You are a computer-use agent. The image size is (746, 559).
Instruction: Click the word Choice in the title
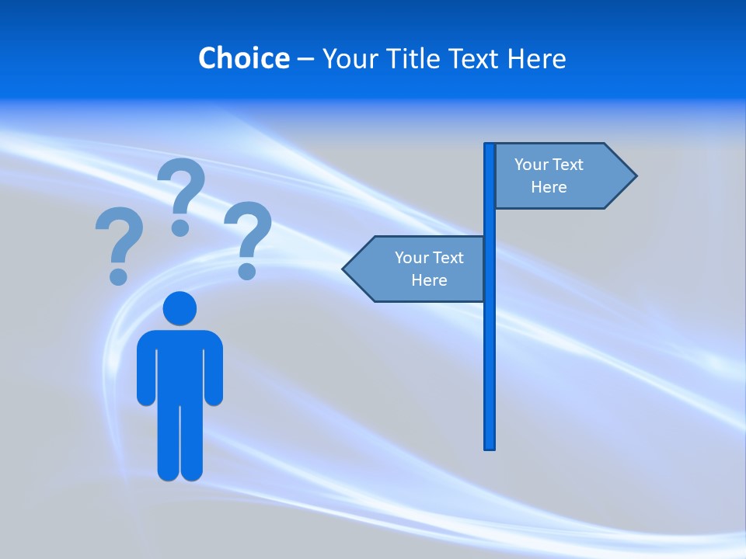[x=243, y=58]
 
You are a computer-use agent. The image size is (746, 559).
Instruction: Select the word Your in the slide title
[x=347, y=58]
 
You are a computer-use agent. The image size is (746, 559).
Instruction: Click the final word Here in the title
[x=536, y=58]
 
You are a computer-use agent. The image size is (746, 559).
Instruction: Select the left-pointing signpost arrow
[x=416, y=269]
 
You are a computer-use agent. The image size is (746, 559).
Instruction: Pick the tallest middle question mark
[x=181, y=194]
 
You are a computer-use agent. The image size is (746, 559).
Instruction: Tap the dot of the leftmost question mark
[x=118, y=276]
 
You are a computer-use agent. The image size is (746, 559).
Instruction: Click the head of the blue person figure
[x=180, y=308]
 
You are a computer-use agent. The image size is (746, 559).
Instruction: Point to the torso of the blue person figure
[x=180, y=365]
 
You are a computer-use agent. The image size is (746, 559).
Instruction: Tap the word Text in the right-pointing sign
[x=567, y=165]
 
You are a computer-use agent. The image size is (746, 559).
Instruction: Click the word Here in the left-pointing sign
[x=429, y=280]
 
